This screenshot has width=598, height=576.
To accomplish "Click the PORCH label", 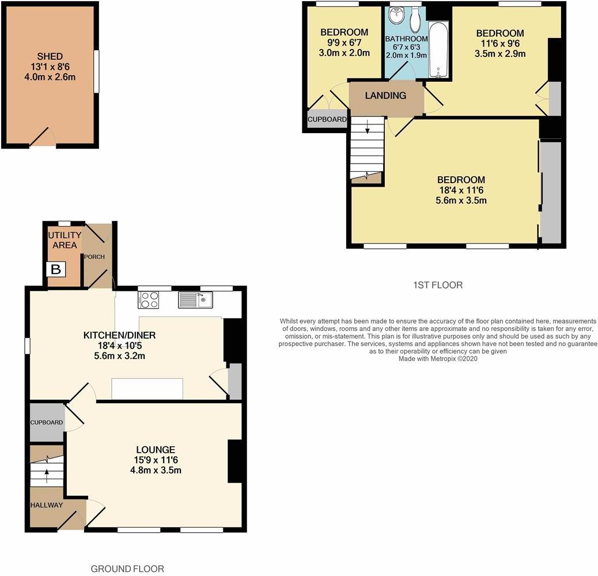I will [x=94, y=257].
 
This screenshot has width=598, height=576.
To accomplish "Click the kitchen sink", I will [x=196, y=300].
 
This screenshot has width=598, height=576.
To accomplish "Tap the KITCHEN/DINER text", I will [x=120, y=335].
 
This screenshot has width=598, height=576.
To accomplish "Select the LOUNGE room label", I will [x=156, y=449].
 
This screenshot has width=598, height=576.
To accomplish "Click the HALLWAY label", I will [x=47, y=505].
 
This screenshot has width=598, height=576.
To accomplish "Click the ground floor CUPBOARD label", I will [x=47, y=422].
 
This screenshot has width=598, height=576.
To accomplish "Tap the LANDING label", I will [x=386, y=96].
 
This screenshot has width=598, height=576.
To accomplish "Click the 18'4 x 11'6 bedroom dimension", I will [x=460, y=190].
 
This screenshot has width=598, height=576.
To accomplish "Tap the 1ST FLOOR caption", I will [x=438, y=285].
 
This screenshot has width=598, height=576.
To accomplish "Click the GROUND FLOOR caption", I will [x=127, y=569].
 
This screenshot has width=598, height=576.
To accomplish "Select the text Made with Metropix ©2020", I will [x=438, y=359].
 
